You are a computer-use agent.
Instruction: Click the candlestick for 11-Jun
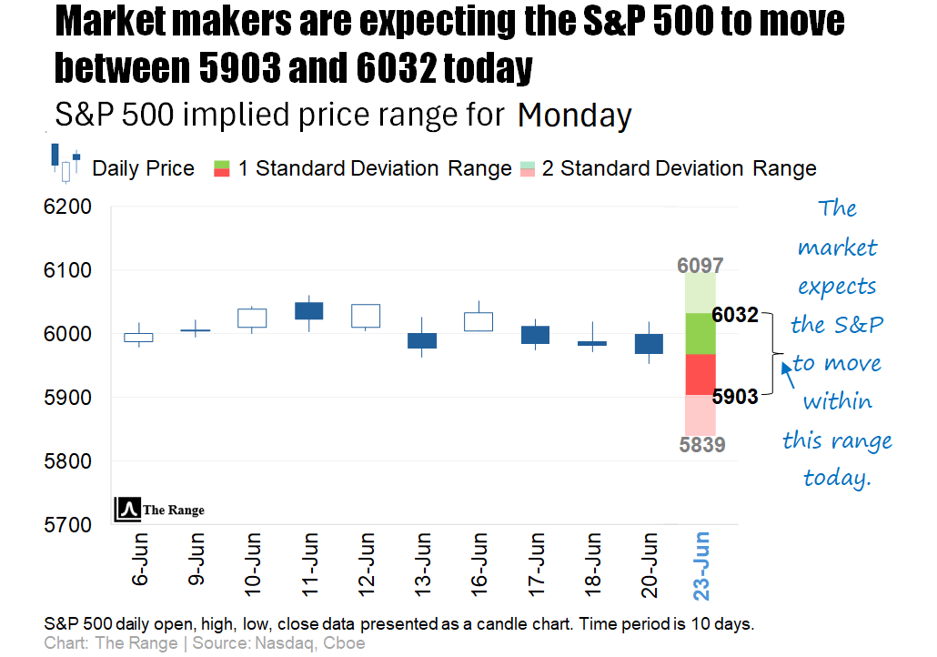pyautogui.click(x=308, y=310)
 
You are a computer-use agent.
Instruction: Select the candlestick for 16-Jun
pyautogui.click(x=479, y=321)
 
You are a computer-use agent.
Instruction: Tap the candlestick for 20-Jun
pyautogui.click(x=649, y=343)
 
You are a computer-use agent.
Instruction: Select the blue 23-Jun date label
pyautogui.click(x=703, y=565)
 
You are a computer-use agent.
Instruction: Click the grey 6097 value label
pyautogui.click(x=700, y=266)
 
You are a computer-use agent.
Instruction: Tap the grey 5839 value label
pyautogui.click(x=700, y=444)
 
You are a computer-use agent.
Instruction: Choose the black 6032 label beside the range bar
pyautogui.click(x=736, y=315)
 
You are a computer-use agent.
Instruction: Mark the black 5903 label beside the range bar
pyautogui.click(x=736, y=397)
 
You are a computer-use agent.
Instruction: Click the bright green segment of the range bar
pyautogui.click(x=700, y=333)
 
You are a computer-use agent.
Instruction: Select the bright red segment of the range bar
pyautogui.click(x=700, y=374)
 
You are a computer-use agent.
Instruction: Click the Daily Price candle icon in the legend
pyautogui.click(x=65, y=162)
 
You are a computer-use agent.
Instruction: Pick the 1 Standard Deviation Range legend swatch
pyautogui.click(x=222, y=168)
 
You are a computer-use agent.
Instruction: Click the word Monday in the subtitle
pyautogui.click(x=574, y=116)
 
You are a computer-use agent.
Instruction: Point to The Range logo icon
pyautogui.click(x=127, y=510)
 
